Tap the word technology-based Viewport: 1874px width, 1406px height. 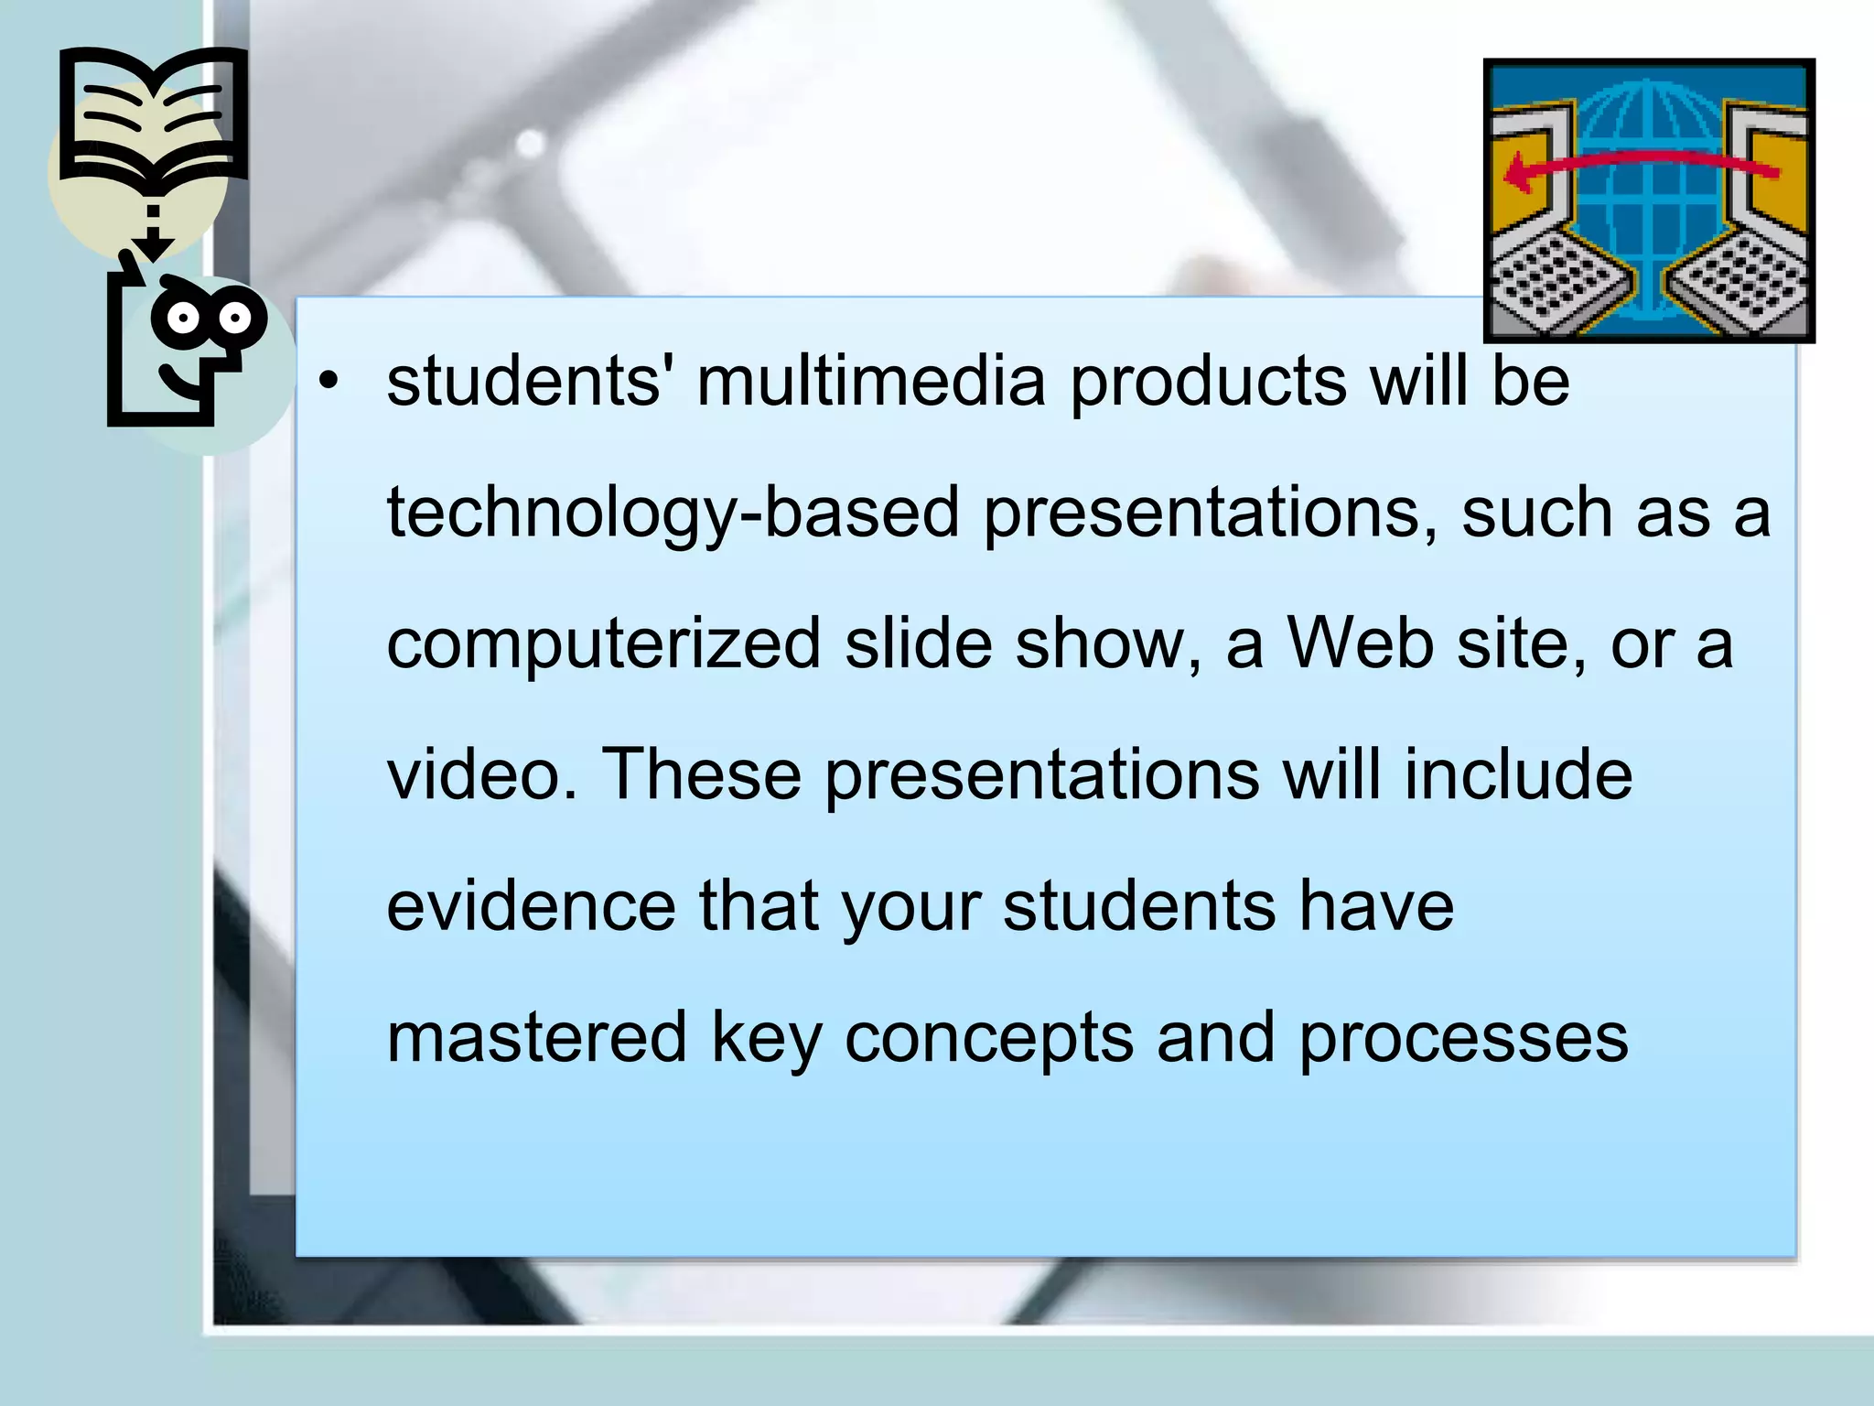[673, 513]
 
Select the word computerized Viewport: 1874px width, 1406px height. [604, 644]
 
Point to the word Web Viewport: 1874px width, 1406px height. [1361, 643]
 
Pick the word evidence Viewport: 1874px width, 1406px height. [531, 906]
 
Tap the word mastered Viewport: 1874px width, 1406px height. [536, 1038]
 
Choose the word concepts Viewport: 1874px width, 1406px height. [988, 1040]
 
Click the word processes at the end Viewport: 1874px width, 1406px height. [1464, 1040]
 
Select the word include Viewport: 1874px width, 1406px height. [1518, 774]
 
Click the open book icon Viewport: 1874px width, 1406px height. [153, 114]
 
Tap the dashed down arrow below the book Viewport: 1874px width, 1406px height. [153, 233]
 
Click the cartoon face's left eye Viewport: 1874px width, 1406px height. [183, 319]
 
